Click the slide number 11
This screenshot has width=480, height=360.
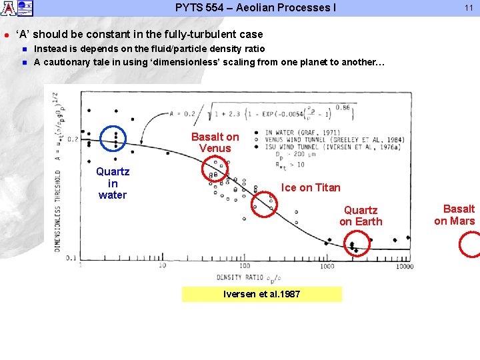(468, 8)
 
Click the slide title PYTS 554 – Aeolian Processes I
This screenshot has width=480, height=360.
(255, 8)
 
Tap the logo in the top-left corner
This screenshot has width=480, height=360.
(16, 8)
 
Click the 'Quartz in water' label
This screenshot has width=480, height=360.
(113, 183)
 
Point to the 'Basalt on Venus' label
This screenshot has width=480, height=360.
(215, 142)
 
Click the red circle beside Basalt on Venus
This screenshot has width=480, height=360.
(215, 170)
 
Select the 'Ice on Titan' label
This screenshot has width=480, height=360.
(311, 187)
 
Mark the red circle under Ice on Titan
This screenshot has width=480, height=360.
(263, 205)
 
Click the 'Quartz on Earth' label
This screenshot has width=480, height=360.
(361, 216)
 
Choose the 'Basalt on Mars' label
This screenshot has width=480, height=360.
(455, 215)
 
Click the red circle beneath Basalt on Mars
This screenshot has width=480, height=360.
(471, 244)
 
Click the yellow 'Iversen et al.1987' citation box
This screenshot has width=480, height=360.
(261, 294)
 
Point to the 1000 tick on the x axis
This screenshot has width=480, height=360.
(327, 266)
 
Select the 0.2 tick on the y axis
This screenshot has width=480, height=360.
(71, 139)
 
